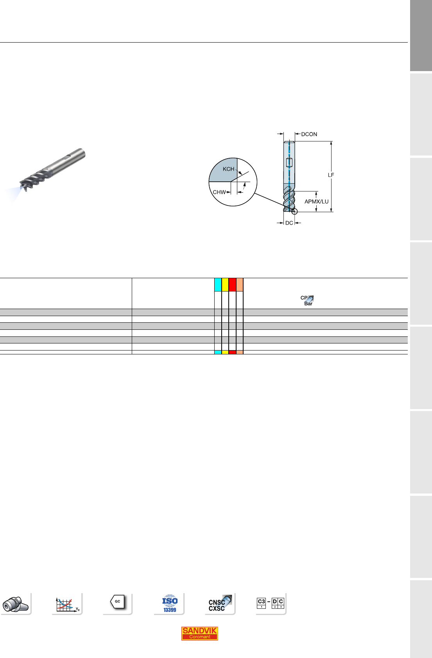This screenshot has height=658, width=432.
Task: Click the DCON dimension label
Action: (x=309, y=134)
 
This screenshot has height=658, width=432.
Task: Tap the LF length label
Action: (x=331, y=175)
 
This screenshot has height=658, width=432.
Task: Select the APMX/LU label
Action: (x=317, y=202)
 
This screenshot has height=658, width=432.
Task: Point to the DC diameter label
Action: (x=289, y=223)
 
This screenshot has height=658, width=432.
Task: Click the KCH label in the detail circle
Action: (x=228, y=169)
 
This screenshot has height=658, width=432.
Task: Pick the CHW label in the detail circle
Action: (x=219, y=192)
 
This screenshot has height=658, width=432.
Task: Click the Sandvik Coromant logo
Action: (x=200, y=633)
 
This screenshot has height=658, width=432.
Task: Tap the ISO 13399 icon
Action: (x=170, y=603)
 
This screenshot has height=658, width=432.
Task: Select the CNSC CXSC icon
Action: (x=220, y=603)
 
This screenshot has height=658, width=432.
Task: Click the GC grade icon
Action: (x=118, y=602)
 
